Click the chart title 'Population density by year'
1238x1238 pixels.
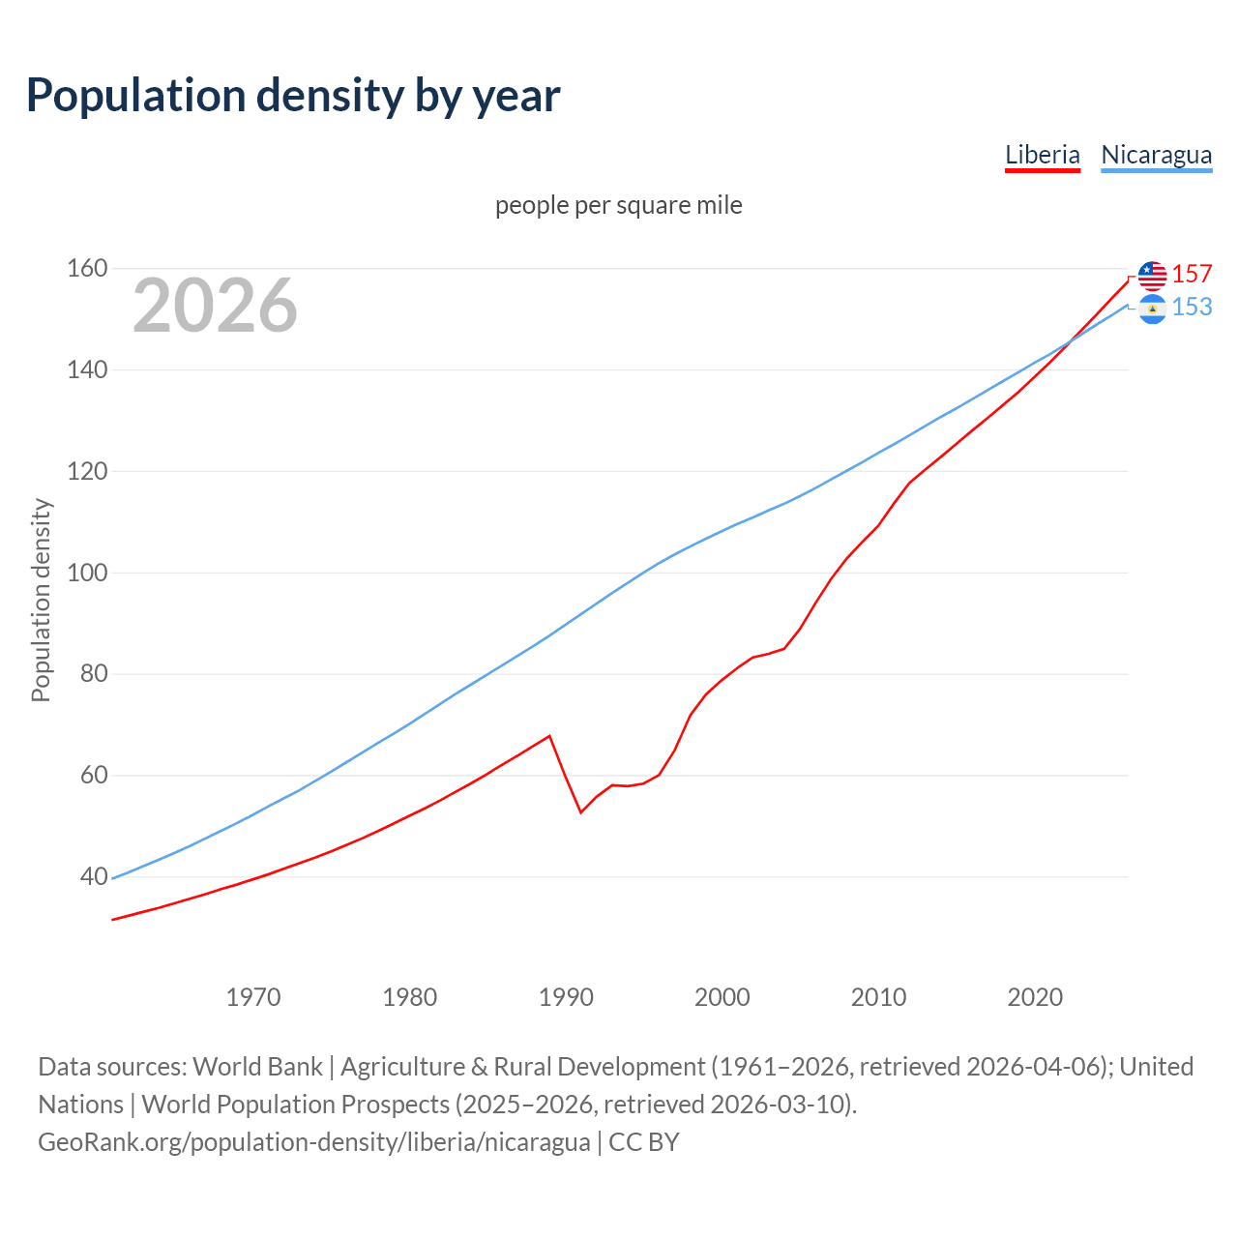(293, 96)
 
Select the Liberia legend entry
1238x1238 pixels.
(1042, 155)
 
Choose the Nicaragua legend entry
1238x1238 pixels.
(1156, 155)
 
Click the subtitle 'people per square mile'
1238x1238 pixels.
(618, 205)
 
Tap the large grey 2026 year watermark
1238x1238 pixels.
(215, 306)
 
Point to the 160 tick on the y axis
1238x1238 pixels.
(86, 268)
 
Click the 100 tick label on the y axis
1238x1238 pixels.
(86, 573)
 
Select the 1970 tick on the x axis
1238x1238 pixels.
(253, 996)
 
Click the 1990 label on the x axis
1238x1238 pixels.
(566, 996)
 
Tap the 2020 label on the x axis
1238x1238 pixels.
(1035, 996)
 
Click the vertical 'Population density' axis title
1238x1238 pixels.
(41, 600)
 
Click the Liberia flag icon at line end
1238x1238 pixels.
(1152, 276)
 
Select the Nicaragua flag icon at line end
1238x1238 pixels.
(1152, 309)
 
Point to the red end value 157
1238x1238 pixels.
(1192, 274)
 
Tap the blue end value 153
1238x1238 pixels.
(1192, 307)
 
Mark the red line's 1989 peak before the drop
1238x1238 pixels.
(549, 736)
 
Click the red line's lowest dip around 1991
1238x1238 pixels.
(581, 811)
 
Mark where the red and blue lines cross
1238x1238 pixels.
(1070, 341)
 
